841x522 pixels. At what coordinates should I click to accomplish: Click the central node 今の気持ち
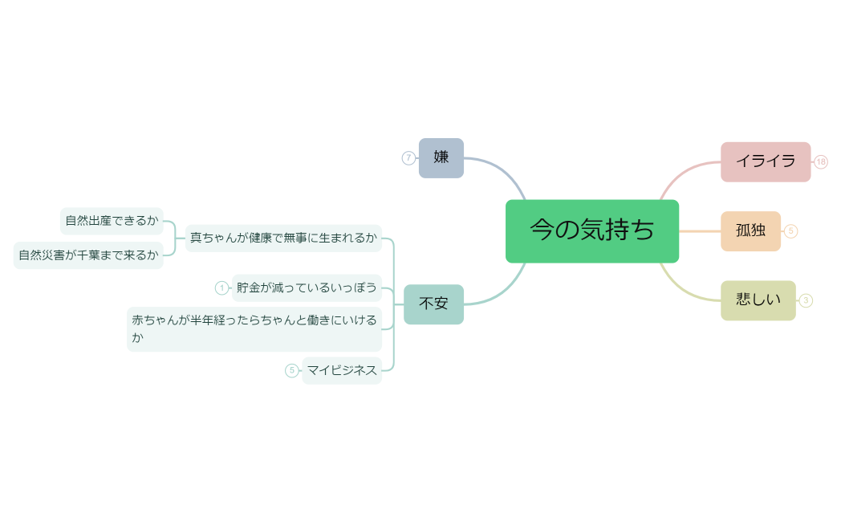pos(592,230)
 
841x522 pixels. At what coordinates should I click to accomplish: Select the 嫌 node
pos(441,157)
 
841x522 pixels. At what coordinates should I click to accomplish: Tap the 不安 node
pos(433,304)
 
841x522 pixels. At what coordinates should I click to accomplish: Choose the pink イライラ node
pos(766,161)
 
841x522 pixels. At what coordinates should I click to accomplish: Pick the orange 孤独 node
pos(750,230)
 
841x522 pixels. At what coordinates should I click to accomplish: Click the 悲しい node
pos(758,300)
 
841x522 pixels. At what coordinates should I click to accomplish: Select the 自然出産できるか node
pos(112,220)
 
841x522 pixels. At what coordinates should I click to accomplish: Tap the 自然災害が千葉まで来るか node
pos(88,255)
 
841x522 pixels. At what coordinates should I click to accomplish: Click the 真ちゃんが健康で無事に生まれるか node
pos(283,238)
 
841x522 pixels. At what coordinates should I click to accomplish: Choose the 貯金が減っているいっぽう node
pos(307,288)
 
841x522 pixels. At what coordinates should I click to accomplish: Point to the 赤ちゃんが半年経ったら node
pos(254,328)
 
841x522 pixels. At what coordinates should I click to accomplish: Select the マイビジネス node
pos(342,370)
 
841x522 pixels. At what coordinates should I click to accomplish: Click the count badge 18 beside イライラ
pos(821,162)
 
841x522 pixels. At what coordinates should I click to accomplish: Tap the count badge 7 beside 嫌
pos(408,158)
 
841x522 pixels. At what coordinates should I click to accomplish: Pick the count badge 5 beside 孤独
pos(791,231)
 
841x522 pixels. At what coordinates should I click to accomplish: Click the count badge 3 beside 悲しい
pos(806,300)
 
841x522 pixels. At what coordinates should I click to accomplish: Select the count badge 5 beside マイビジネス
pos(292,370)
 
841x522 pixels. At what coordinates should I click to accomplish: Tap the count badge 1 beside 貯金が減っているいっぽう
pos(222,288)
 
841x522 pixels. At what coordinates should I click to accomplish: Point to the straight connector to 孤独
pos(700,231)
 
